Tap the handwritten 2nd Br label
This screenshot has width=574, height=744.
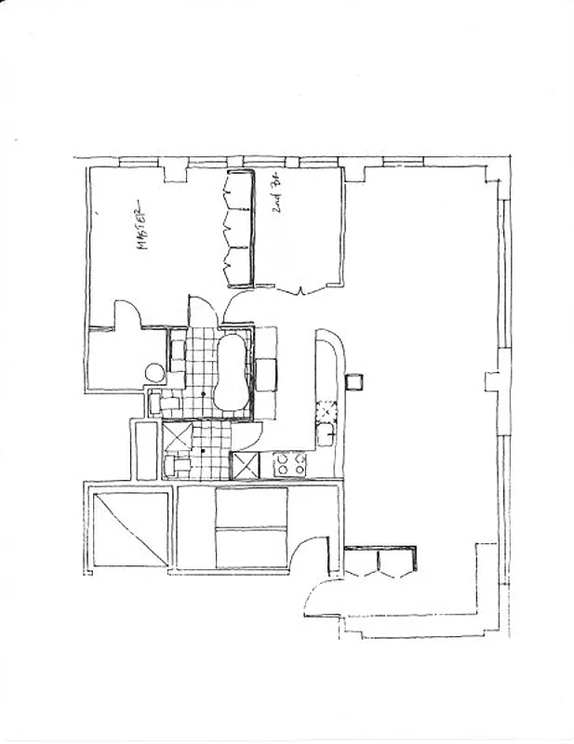coord(278,199)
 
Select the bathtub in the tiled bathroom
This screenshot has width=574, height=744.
coord(231,372)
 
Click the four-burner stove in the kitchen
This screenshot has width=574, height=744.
coord(289,464)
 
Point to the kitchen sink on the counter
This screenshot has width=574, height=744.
coord(325,433)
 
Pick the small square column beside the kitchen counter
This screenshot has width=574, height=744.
coord(354,380)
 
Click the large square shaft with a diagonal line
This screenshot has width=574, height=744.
coord(130,529)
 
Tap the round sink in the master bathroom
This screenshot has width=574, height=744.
coord(154,373)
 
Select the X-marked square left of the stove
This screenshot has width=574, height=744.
coord(244,465)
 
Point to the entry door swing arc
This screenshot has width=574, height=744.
coord(321,595)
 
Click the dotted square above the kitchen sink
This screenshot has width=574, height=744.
coord(326,409)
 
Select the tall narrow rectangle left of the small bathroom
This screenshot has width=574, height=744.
coord(145,451)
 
